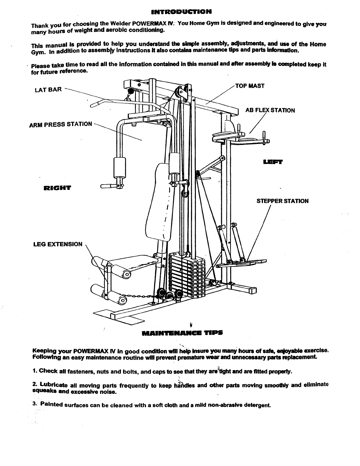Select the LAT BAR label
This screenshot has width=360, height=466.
48,89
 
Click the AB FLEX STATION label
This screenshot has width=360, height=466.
270,110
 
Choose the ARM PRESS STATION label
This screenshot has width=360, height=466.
61,124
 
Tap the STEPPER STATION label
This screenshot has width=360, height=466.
283,201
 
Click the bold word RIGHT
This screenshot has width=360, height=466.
57,188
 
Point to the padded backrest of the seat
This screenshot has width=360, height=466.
159,200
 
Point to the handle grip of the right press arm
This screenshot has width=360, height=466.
109,186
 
